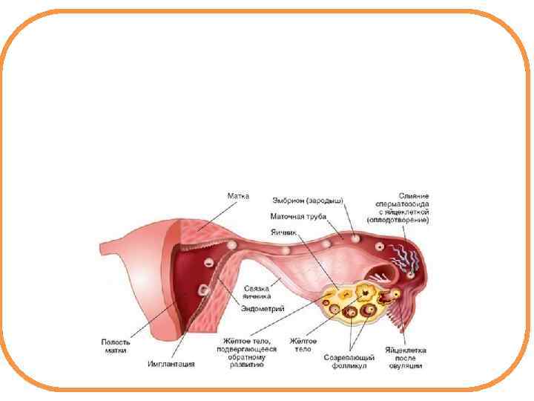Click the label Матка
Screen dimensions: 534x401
(x=238, y=196)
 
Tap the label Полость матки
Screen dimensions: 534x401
(x=116, y=346)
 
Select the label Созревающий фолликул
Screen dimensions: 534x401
(x=349, y=362)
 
